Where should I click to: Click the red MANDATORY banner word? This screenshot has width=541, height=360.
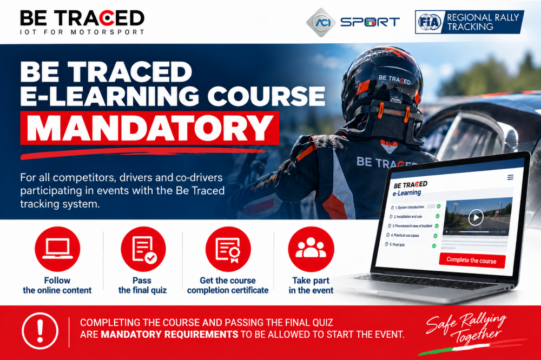tap(150, 128)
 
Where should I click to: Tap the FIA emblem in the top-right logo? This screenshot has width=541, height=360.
tap(430, 22)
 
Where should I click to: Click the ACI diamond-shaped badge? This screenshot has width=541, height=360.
tap(321, 22)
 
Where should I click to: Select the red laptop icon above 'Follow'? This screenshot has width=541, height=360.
tap(57, 249)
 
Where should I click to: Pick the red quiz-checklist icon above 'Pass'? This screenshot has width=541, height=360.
tap(143, 249)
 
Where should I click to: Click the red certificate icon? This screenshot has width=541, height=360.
tap(228, 249)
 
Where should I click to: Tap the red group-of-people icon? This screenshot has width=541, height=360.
tap(311, 249)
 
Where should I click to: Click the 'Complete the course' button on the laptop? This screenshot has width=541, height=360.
tap(472, 261)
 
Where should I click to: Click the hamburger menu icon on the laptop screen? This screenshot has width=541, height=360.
tap(510, 177)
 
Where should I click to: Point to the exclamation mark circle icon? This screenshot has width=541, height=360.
tap(40, 331)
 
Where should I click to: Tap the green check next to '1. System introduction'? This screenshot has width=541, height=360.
tap(439, 206)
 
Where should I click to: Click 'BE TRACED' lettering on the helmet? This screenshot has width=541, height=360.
tap(394, 79)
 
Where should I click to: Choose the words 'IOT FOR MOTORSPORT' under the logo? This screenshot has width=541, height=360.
tap(82, 32)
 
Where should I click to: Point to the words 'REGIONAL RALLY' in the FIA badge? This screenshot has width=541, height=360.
tap(483, 17)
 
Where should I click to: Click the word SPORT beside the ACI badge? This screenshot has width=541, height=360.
tap(370, 22)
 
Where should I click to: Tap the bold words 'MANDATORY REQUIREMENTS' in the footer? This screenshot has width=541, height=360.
tap(169, 334)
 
